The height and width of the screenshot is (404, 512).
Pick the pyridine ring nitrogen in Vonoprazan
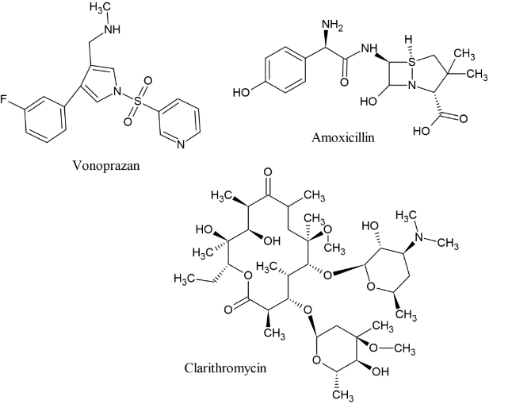click(181, 144)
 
